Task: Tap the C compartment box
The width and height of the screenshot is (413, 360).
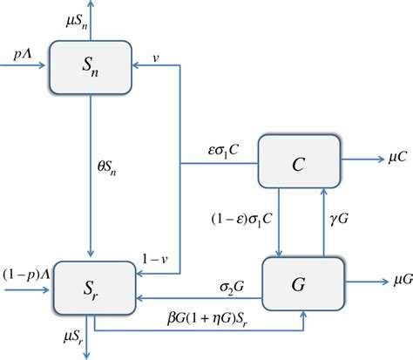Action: click(x=299, y=160)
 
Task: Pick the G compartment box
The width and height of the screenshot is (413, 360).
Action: click(x=299, y=282)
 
